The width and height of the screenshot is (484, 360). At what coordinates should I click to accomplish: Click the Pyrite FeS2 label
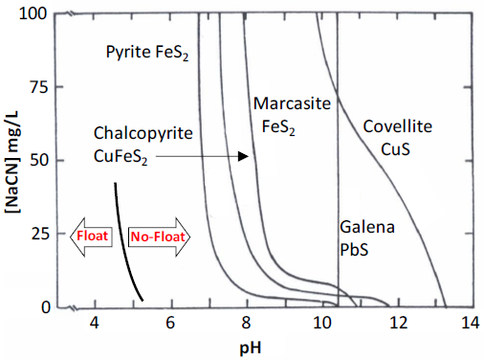[147, 53]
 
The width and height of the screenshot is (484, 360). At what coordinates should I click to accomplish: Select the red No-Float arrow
[157, 236]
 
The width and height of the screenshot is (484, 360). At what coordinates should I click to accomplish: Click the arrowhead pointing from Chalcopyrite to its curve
[245, 155]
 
